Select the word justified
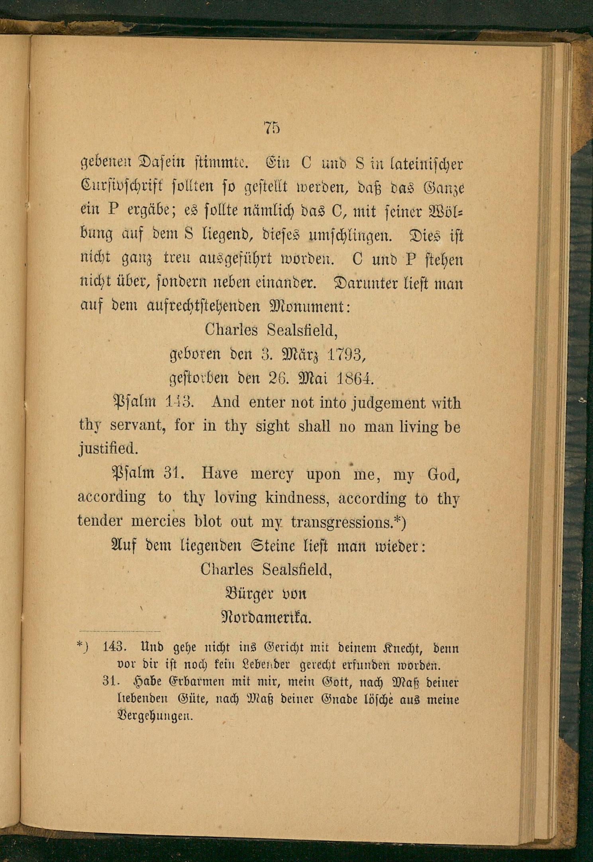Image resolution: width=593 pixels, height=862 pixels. [x=108, y=450]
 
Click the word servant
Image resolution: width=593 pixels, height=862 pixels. [x=138, y=427]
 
